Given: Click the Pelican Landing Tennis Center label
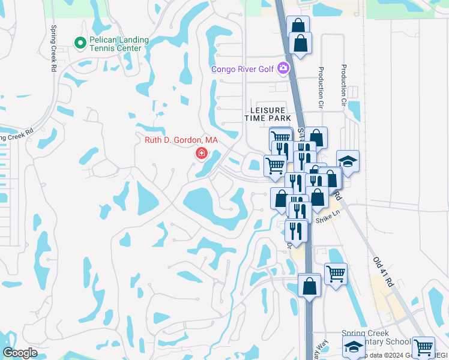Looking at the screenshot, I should click(x=116, y=44).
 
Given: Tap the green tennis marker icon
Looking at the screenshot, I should click(x=79, y=43).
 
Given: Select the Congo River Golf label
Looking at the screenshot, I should click(x=242, y=69).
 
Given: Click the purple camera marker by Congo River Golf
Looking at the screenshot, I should click(x=284, y=69).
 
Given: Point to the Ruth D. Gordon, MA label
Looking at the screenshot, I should click(x=181, y=140).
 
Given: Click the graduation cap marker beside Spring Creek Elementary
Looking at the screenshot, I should click(x=354, y=347).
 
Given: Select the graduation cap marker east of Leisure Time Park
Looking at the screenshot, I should click(x=348, y=161).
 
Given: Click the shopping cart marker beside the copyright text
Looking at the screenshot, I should click(x=423, y=347).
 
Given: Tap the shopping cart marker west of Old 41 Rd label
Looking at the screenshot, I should click(x=336, y=273).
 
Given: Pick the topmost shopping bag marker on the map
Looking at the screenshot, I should click(x=298, y=26).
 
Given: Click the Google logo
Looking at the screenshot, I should click(x=20, y=353).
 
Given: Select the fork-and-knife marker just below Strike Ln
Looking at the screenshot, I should click(x=295, y=230).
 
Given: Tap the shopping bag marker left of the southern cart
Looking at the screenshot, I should click(x=310, y=284).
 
